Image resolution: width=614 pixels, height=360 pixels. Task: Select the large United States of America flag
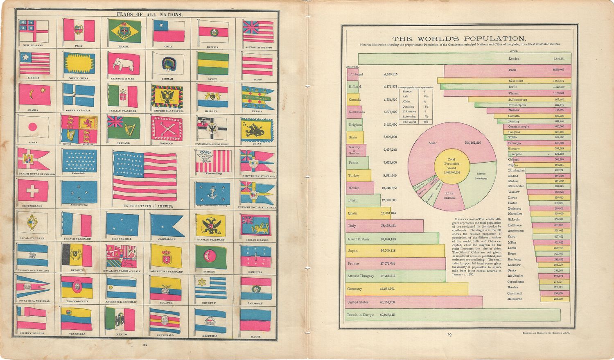(x=145, y=176)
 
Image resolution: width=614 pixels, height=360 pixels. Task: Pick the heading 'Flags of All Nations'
(x=150, y=14)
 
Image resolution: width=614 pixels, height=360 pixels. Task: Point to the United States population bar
(x=413, y=302)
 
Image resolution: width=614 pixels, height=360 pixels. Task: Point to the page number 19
(x=449, y=335)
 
